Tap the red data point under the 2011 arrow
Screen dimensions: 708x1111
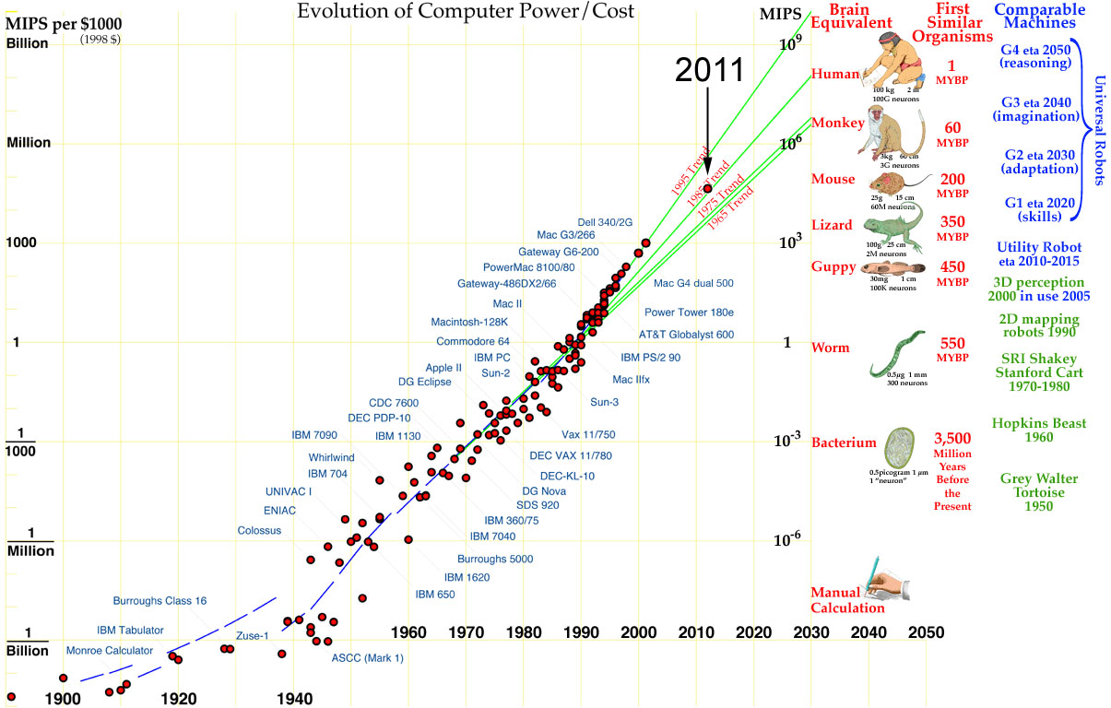pos(708,188)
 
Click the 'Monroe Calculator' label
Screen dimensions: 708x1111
pos(109,651)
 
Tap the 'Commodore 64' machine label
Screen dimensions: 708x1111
pos(473,341)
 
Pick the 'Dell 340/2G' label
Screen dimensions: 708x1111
pos(605,222)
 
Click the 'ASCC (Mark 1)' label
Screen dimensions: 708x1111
pos(367,657)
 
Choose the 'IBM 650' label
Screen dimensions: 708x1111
pos(435,595)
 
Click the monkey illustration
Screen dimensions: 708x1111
pos(890,133)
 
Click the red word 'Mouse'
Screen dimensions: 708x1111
pos(833,179)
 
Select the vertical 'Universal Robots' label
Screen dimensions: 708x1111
pos(1098,130)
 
